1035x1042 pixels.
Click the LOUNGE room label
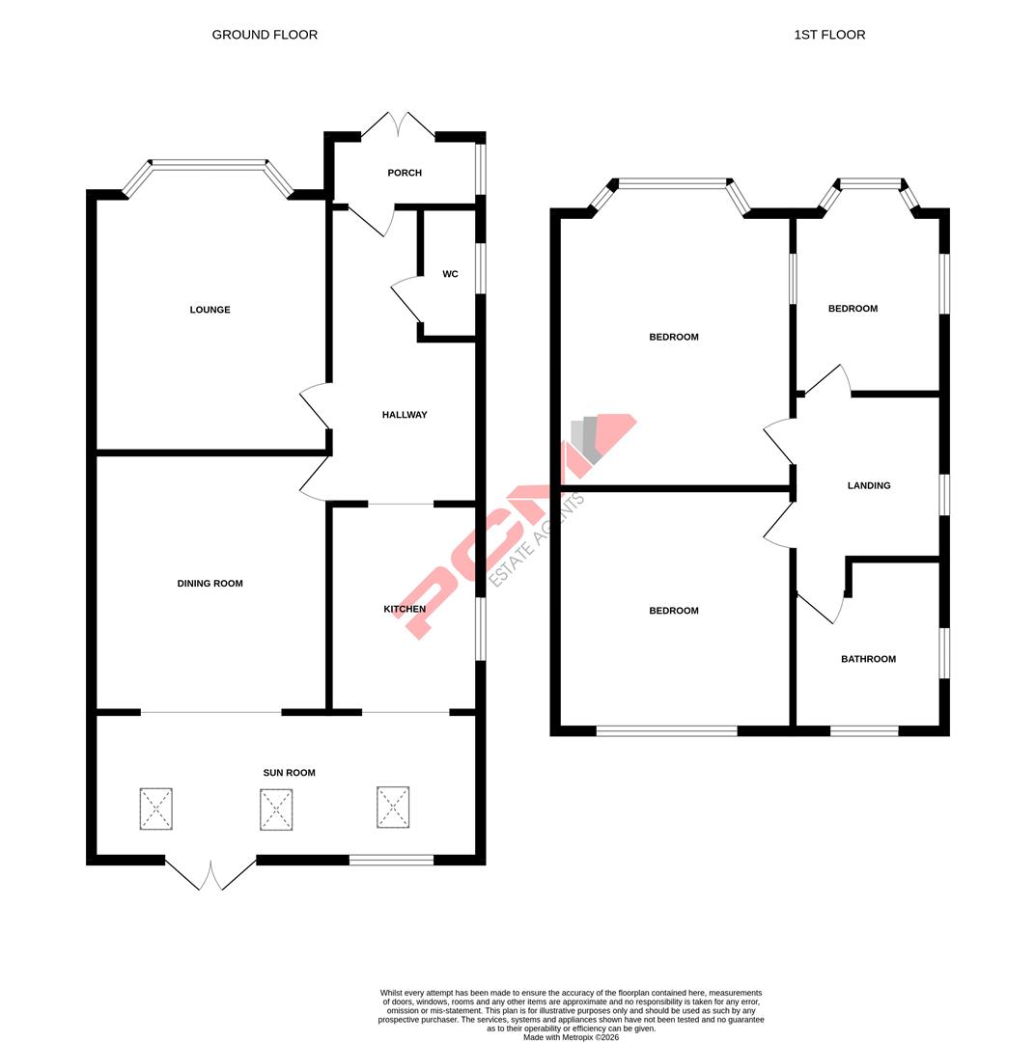pos(210,310)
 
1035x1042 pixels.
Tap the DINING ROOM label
pos(210,584)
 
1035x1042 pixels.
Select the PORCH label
pos(405,173)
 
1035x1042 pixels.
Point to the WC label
pos(450,274)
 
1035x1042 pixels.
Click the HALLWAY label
pos(405,415)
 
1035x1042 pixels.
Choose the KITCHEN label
pos(405,609)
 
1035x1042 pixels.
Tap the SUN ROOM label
pos(289,773)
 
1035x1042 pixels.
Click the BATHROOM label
pos(868,659)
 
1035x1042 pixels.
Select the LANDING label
pos(869,485)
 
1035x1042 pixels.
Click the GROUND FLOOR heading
pos(265,35)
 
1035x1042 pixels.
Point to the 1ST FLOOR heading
pos(829,35)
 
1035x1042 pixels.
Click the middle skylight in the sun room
pos(276,809)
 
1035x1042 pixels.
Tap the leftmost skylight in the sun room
pos(155,809)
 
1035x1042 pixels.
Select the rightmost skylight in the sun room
pos(393,807)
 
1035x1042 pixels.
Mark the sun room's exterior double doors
pos(210,874)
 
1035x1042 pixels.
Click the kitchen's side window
pos(480,629)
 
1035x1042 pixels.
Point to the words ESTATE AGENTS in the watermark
pos(537,540)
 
